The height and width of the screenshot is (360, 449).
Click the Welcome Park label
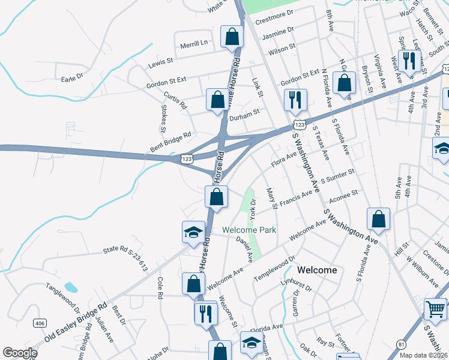(x=249, y=230)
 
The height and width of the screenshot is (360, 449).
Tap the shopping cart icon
(x=435, y=310)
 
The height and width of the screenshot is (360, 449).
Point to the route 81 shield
(x=400, y=344)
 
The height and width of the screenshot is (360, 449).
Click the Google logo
(x=20, y=353)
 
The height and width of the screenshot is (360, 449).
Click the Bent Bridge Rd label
(x=170, y=142)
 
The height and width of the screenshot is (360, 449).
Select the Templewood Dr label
(x=274, y=268)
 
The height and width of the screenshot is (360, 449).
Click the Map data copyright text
(x=423, y=355)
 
